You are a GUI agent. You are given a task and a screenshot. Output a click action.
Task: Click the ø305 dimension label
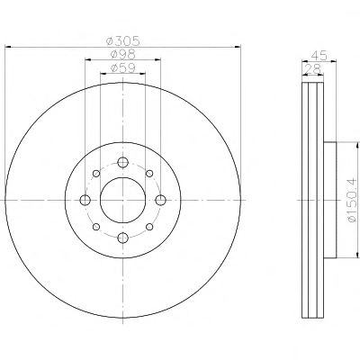pyautogui.click(x=123, y=40)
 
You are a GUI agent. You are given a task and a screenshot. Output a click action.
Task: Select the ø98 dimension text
pyautogui.click(x=123, y=54)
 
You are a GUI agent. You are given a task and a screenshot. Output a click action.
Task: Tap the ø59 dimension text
pyautogui.click(x=123, y=68)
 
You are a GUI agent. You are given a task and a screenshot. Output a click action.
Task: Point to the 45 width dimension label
pyautogui.click(x=319, y=55)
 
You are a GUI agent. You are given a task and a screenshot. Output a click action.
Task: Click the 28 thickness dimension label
pyautogui.click(x=313, y=69)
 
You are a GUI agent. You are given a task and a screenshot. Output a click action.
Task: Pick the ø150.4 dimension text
pyautogui.click(x=352, y=200)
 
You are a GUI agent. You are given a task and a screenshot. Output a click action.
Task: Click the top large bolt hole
pyautogui.click(x=122, y=162)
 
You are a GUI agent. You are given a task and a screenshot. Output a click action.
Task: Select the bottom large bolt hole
pyautogui.click(x=122, y=238)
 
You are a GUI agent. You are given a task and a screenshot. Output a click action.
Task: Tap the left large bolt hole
pyautogui.click(x=85, y=200)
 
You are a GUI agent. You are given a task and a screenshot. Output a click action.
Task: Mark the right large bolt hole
pyautogui.click(x=161, y=200)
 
